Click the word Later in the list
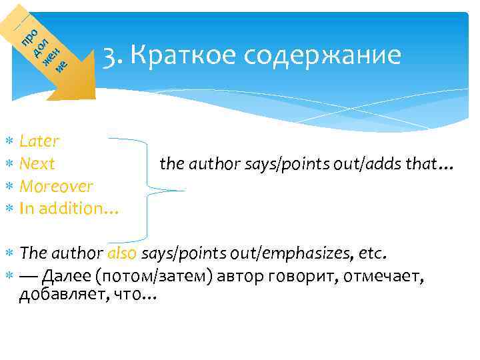[39, 141]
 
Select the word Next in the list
[37, 164]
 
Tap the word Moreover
[57, 186]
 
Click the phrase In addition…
[69, 209]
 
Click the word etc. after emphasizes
[373, 254]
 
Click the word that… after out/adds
[433, 164]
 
